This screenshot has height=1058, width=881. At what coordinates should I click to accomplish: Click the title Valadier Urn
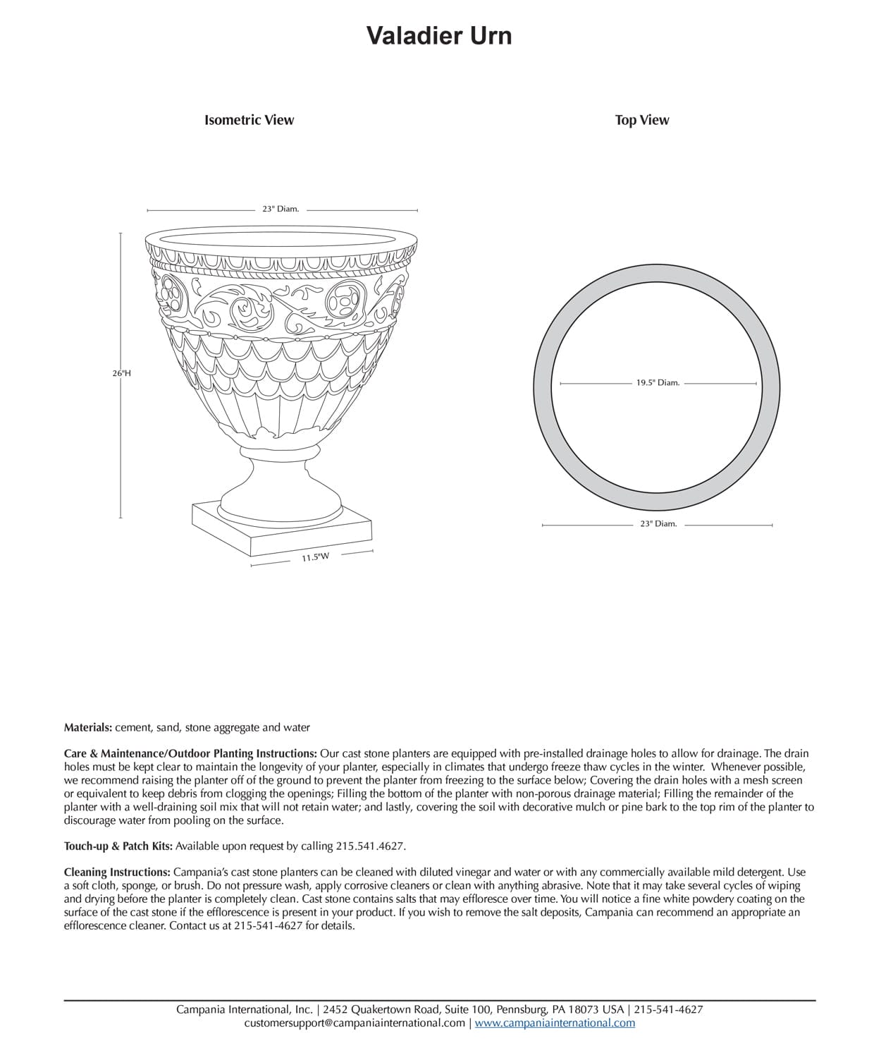[438, 35]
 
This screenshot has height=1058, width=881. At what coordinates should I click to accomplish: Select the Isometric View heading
[249, 120]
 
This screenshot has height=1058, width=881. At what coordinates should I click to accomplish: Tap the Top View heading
[641, 120]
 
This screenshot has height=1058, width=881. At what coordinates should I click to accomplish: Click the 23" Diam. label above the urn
[281, 209]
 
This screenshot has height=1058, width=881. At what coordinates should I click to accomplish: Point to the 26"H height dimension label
[121, 373]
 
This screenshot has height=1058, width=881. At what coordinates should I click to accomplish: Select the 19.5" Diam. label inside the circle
[657, 383]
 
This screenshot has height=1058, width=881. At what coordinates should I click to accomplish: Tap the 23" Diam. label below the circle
[657, 524]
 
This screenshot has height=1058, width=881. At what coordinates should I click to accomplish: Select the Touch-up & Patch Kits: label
[118, 846]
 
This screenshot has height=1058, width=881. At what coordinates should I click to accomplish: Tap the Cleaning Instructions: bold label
[117, 872]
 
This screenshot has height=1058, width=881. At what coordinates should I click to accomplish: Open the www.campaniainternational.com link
[555, 1023]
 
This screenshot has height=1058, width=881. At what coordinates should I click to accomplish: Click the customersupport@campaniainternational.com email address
[355, 1023]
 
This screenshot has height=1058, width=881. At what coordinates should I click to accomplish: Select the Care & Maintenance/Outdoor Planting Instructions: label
[190, 753]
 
